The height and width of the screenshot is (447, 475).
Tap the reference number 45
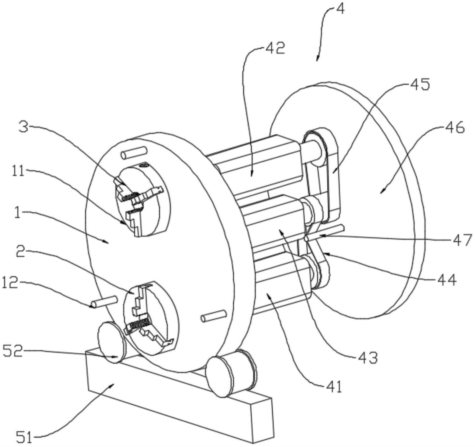tap(419, 85)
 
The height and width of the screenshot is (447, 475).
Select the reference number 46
tap(453, 128)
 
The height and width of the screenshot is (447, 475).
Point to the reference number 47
tap(462, 240)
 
